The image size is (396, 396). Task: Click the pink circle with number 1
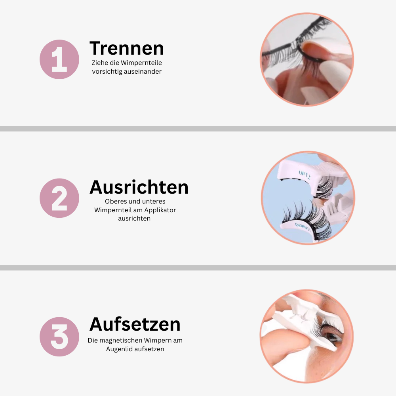[x=59, y=59]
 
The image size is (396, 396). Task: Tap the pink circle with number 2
[x=59, y=198]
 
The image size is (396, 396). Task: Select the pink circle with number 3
[x=59, y=337]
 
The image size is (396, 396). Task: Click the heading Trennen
[x=126, y=48]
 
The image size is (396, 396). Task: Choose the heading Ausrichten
[x=139, y=187]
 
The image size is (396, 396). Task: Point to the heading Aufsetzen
[x=135, y=324]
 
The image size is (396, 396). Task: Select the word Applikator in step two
[x=161, y=210]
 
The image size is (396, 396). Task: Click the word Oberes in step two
[x=115, y=201]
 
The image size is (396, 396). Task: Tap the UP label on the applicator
[x=305, y=174]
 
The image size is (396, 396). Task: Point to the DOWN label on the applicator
[x=303, y=226]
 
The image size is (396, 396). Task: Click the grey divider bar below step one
[x=198, y=129]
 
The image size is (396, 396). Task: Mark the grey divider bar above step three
[x=198, y=268]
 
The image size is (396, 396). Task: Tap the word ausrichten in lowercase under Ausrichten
[x=134, y=219]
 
